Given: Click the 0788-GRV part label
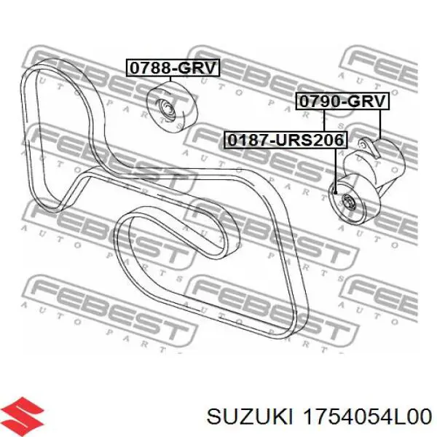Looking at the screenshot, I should point(173,68).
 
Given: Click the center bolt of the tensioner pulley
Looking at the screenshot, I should point(347,202).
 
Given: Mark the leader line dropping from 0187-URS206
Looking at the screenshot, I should point(336,168).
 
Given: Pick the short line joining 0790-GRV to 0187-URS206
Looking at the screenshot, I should point(325,119).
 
